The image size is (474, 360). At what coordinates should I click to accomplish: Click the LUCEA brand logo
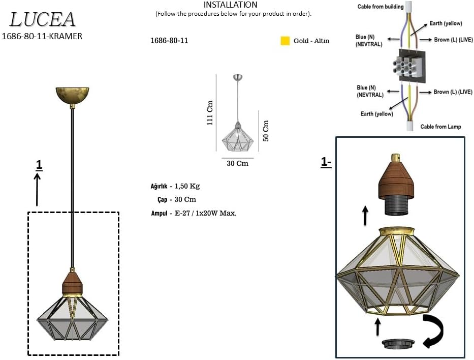(43, 19)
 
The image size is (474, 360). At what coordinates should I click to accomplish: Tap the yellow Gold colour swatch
(285, 41)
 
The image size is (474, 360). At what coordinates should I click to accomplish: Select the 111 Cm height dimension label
(210, 113)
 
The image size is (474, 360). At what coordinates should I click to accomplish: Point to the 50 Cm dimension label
(266, 131)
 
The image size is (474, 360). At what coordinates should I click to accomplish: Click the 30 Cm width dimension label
(237, 164)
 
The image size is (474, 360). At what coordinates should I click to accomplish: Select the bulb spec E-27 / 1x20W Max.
(205, 213)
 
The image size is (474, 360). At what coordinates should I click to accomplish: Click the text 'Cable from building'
(380, 7)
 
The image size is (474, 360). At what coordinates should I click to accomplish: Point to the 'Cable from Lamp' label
(440, 127)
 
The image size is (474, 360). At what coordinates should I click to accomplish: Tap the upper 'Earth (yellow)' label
(446, 23)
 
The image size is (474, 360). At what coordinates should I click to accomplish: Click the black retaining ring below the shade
(397, 344)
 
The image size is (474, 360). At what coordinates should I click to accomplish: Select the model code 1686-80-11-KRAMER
(42, 36)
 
